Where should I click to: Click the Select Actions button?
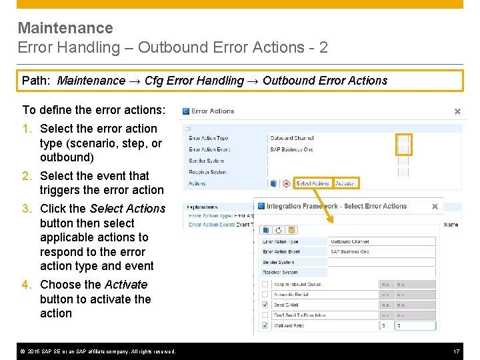click(312, 183)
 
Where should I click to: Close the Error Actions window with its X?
click(457, 111)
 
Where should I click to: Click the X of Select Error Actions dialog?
click(435, 207)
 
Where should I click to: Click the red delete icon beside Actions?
click(286, 183)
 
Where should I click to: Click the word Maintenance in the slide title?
click(65, 28)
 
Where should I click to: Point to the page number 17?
click(457, 351)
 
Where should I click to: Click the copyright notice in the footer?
click(97, 351)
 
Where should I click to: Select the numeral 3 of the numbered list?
click(26, 209)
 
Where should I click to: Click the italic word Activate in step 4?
click(126, 285)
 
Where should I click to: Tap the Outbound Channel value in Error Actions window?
click(292, 139)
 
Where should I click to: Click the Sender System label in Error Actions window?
click(206, 161)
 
